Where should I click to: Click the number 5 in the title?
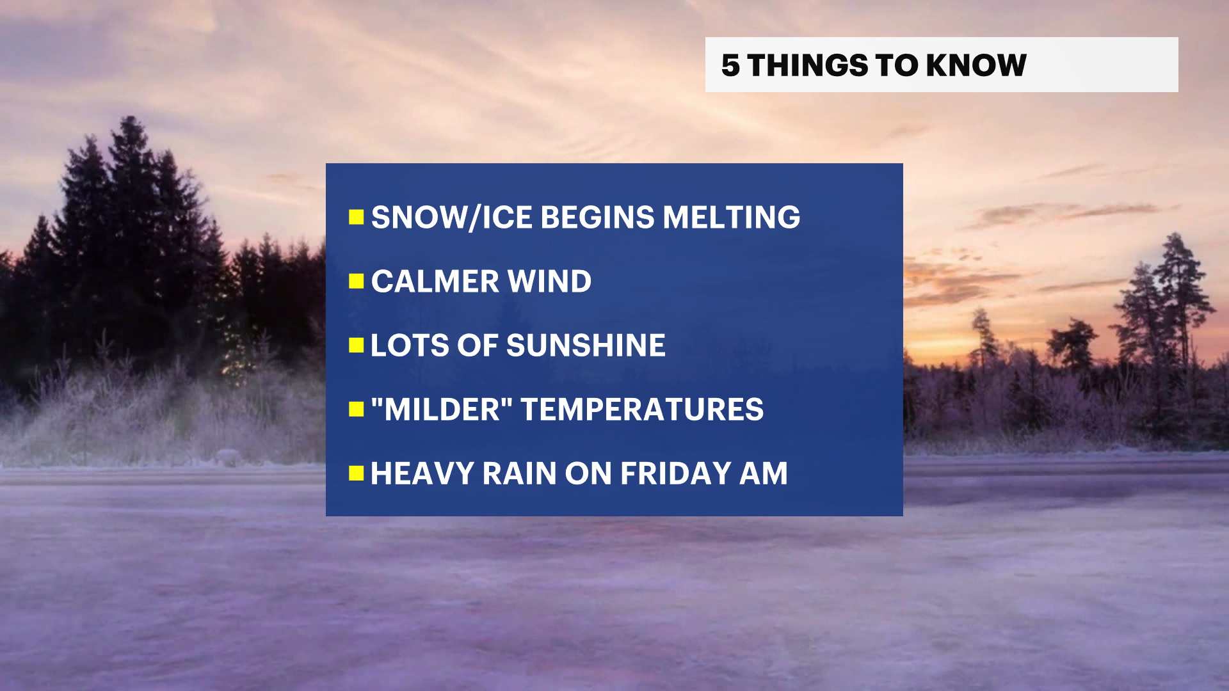pyautogui.click(x=730, y=65)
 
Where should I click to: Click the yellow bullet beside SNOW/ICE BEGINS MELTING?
pyautogui.click(x=356, y=218)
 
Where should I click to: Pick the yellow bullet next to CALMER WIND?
pyautogui.click(x=356, y=282)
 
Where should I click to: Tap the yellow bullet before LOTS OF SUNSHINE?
pyautogui.click(x=356, y=345)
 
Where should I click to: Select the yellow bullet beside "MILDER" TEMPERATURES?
pyautogui.click(x=356, y=409)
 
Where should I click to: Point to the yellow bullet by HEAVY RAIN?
pyautogui.click(x=356, y=473)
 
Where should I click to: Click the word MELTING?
pyautogui.click(x=732, y=218)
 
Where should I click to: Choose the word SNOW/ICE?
pyautogui.click(x=452, y=218)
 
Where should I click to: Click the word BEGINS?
pyautogui.click(x=598, y=218)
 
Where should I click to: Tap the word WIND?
pyautogui.click(x=550, y=282)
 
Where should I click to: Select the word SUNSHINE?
pyautogui.click(x=586, y=345)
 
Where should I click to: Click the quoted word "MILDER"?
pyautogui.click(x=442, y=409)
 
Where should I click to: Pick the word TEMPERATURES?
pyautogui.click(x=643, y=409)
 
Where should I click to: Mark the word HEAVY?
pyautogui.click(x=422, y=473)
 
